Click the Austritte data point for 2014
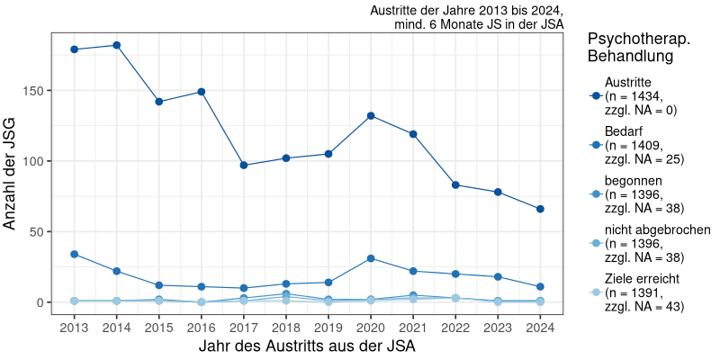pyautogui.click(x=117, y=45)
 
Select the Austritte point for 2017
pyautogui.click(x=244, y=165)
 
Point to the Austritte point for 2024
pyautogui.click(x=540, y=209)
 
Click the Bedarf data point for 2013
pyautogui.click(x=74, y=254)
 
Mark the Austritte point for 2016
pyautogui.click(x=202, y=92)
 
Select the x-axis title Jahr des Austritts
pyautogui.click(x=307, y=346)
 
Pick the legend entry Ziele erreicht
pyautogui.click(x=642, y=292)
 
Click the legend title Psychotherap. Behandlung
pyautogui.click(x=638, y=48)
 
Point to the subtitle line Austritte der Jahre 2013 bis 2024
pyautogui.click(x=466, y=11)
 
